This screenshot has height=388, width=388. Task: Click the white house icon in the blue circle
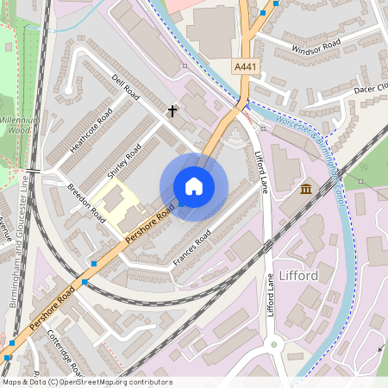point(194,186)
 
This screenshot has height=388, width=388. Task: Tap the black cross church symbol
point(172,111)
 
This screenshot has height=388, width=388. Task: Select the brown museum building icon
point(305,189)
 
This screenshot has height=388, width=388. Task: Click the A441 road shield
point(246,66)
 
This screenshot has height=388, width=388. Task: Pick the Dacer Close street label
point(371,88)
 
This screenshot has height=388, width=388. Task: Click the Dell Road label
point(125,89)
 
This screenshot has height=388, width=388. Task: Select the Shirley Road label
point(123,161)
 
